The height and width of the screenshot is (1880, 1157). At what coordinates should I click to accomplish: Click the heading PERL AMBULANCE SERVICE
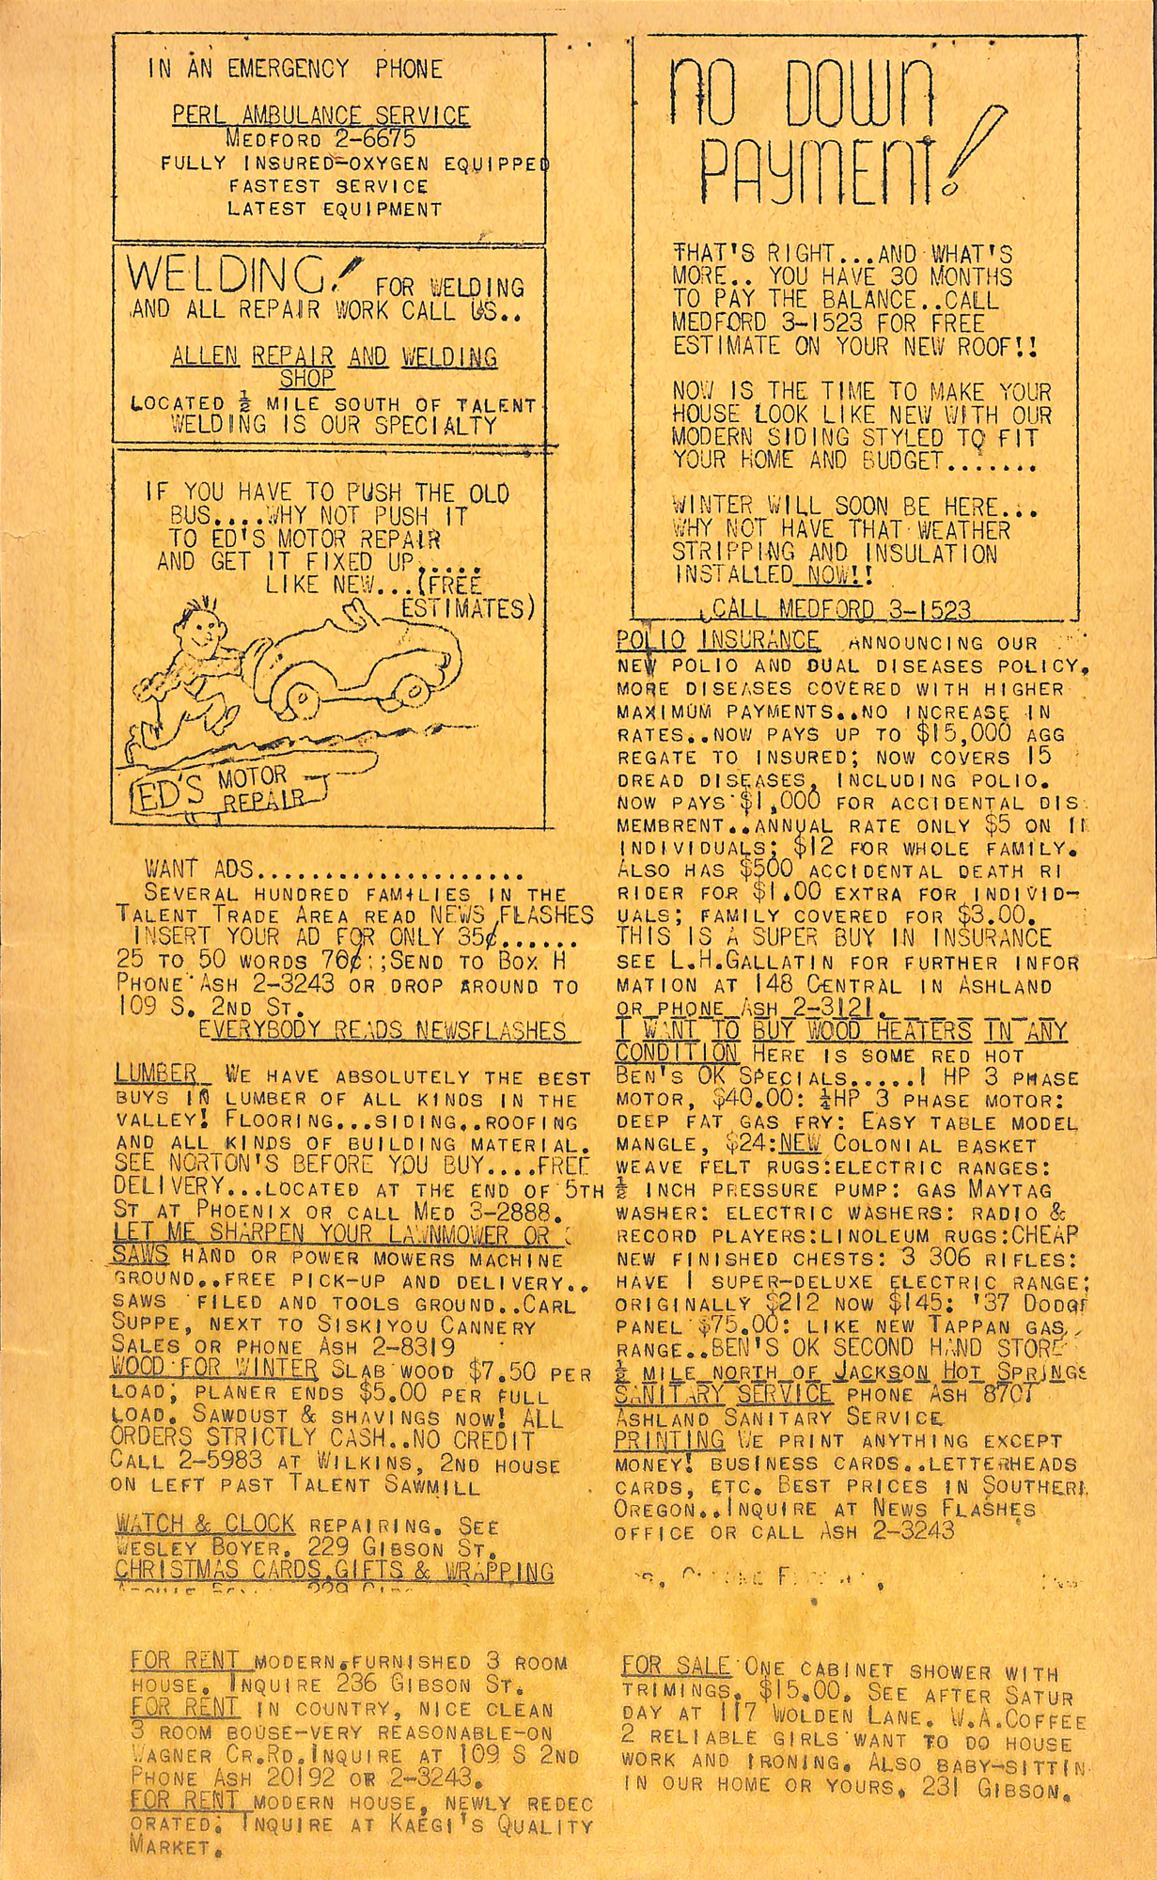pos(321,116)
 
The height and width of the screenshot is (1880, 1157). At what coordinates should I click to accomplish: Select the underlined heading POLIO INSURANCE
pos(718,641)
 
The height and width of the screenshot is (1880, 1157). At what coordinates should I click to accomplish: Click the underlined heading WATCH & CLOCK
pos(205,1523)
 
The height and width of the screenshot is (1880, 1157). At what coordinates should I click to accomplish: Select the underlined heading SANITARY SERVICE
pos(723,1393)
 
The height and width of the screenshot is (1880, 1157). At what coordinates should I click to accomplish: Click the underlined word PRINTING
pos(669,1440)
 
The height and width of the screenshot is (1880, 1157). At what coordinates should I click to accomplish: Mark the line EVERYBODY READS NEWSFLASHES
pos(383,1031)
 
